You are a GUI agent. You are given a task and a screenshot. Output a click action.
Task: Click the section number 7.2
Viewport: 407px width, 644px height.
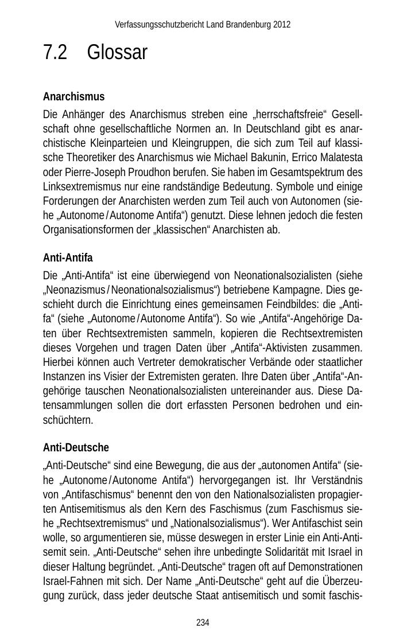pos(55,53)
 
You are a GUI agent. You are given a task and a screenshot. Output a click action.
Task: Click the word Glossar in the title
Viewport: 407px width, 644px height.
pos(117,53)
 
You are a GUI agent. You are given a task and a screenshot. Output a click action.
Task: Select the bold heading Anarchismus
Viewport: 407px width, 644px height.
pos(73,96)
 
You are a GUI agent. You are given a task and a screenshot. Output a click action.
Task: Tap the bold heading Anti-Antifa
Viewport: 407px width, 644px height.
pos(68,257)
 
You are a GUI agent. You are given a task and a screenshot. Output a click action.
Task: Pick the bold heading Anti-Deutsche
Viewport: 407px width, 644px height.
pos(76,447)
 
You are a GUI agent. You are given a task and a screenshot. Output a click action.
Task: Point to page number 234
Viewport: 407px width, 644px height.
pos(203,622)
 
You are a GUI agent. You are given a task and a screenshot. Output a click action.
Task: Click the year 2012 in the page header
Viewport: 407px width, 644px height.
pos(282,25)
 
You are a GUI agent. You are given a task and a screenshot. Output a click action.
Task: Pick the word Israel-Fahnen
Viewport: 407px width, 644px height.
pos(71,581)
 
